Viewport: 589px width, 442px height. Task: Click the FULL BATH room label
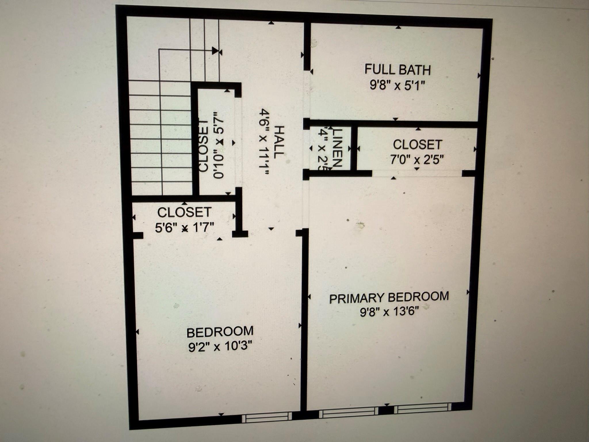pos(397,70)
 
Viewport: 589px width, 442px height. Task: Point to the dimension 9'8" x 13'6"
pos(389,312)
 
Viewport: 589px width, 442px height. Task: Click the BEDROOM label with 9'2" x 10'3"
pos(220,332)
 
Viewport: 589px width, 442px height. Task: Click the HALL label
pos(279,142)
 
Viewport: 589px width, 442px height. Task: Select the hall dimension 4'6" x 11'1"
pos(264,142)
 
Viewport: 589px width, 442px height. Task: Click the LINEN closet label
pos(337,147)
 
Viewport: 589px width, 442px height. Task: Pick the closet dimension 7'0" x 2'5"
pos(417,159)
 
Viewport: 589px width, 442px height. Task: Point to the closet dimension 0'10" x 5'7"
pos(219,145)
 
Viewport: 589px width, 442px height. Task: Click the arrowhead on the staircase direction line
pos(215,51)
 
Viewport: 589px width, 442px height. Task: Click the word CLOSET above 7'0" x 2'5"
pos(417,145)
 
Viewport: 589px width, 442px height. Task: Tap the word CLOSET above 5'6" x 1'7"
pos(184,213)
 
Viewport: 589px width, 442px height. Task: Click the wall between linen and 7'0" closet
pos(354,148)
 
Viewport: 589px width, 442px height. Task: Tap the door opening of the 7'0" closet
pos(417,174)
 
